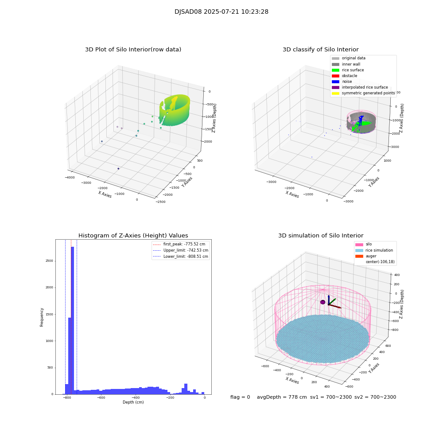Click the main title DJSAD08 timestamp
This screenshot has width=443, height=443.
point(221,12)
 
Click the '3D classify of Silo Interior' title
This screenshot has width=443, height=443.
point(320,50)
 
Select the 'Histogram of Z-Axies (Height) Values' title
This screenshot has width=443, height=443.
point(133,236)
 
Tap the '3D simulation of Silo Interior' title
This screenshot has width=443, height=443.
point(320,236)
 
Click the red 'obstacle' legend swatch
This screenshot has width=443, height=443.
point(335,76)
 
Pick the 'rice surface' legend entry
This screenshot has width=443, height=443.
point(353,70)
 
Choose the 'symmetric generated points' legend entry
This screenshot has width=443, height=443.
point(368,93)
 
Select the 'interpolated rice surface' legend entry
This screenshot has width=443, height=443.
point(365,87)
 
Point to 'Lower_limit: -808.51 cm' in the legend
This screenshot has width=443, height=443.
point(186,256)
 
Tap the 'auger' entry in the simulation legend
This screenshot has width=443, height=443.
point(371,256)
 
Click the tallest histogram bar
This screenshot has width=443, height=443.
point(72,319)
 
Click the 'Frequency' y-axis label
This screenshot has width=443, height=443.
point(42,317)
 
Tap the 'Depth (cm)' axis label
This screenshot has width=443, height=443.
point(133,402)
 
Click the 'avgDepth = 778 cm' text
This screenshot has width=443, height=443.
point(282,397)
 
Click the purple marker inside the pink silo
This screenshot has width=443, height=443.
point(323,302)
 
